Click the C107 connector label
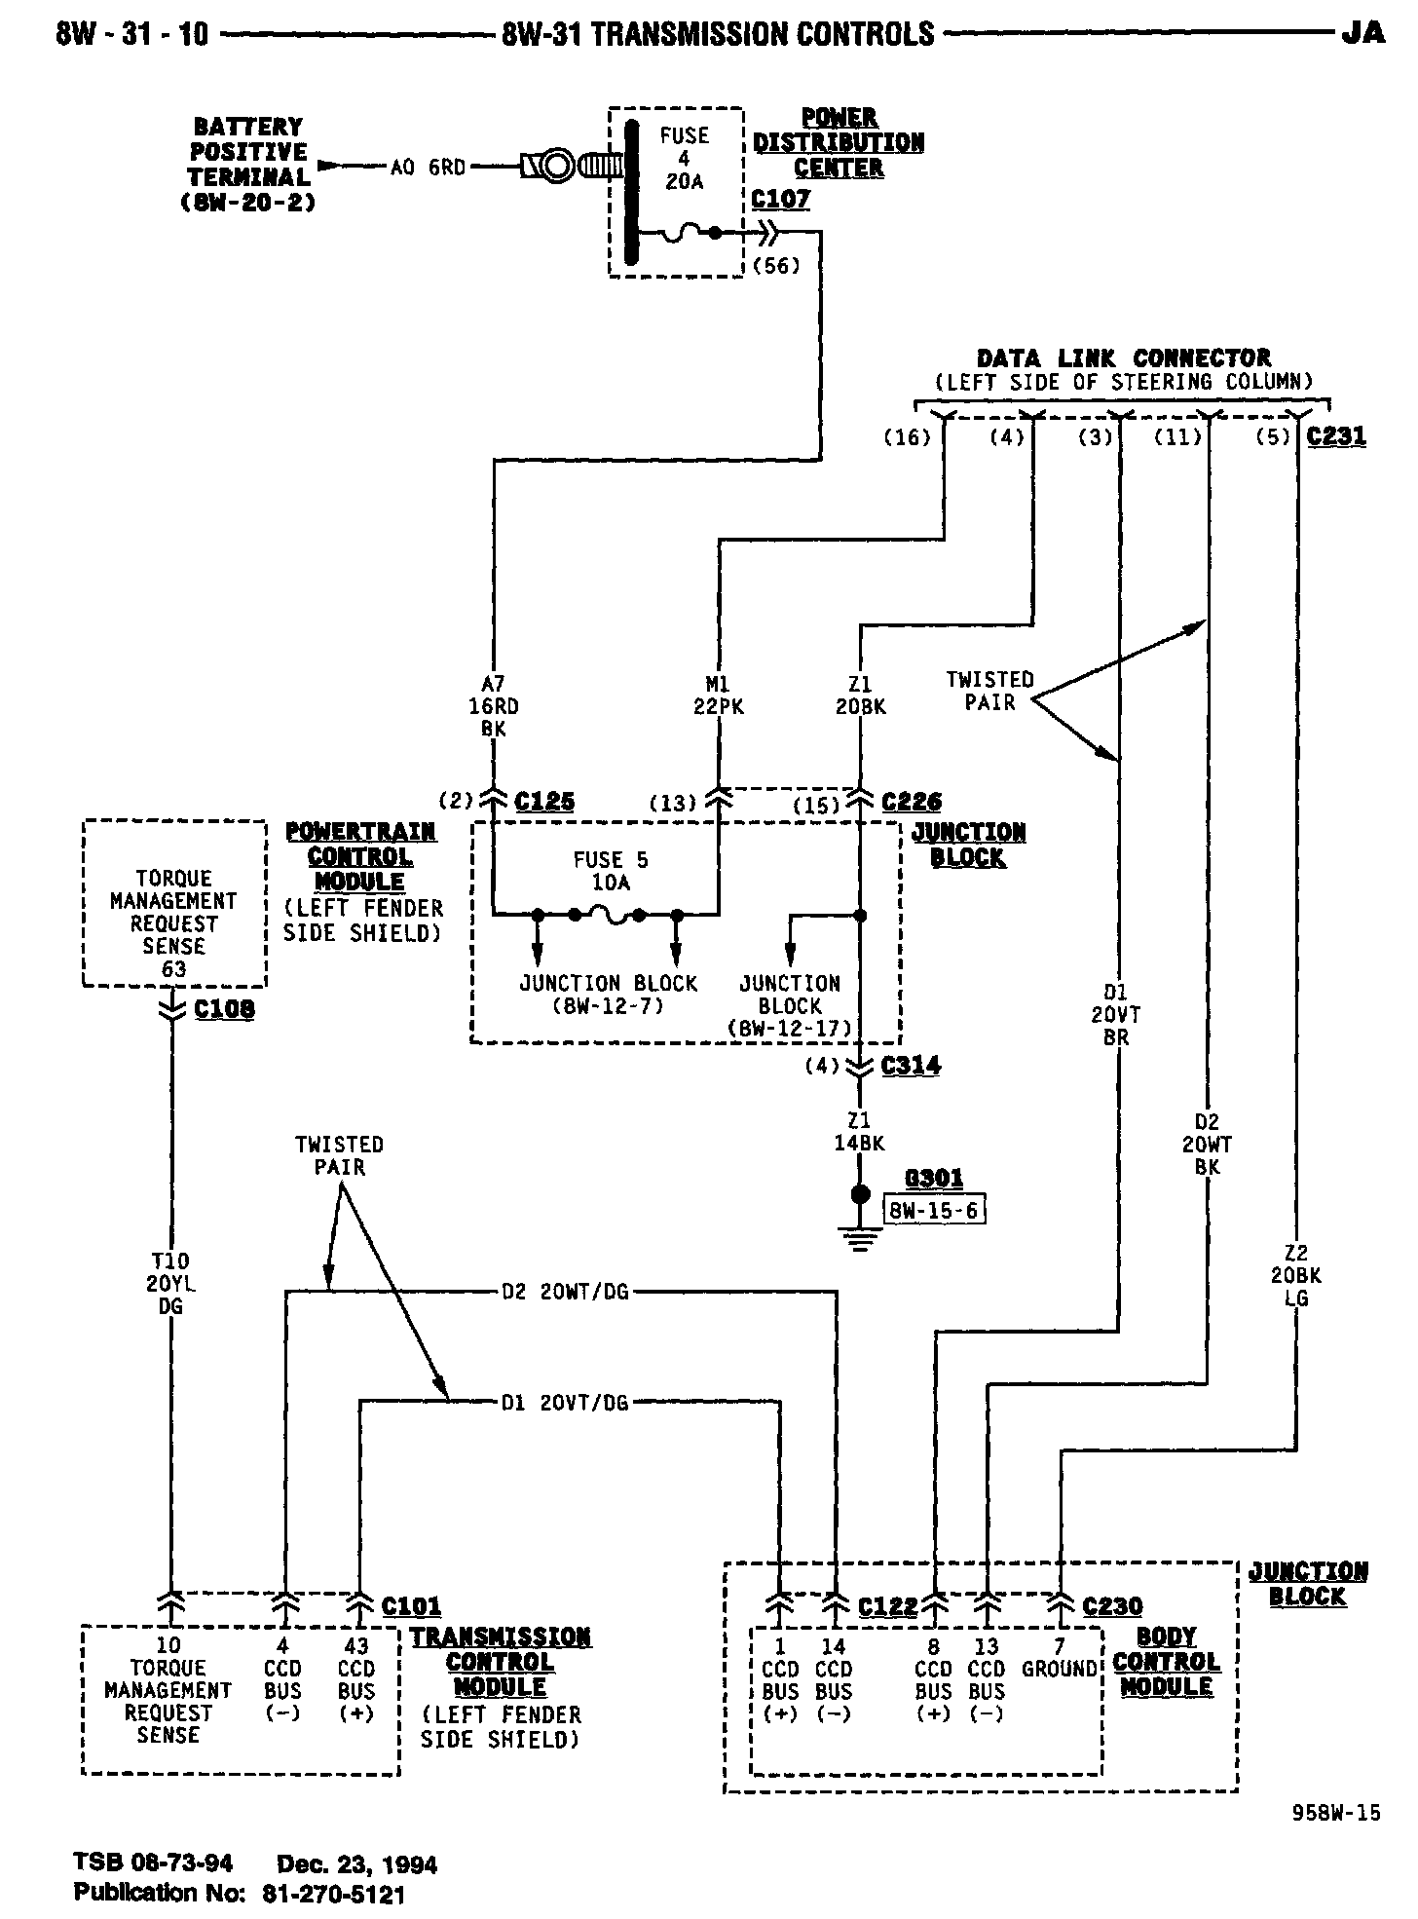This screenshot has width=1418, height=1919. tap(781, 200)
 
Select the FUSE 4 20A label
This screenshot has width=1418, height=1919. tap(684, 158)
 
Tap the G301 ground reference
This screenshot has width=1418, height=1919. tap(934, 1179)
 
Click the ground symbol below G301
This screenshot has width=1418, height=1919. tap(860, 1239)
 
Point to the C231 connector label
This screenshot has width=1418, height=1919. tap(1336, 436)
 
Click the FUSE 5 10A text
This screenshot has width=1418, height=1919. tap(611, 871)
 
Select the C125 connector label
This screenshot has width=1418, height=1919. tap(544, 802)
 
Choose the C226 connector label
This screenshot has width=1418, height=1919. tap(912, 802)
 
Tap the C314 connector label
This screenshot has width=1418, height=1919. tap(911, 1066)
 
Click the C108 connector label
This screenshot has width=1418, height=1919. tap(224, 1009)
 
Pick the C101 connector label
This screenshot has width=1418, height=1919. tap(411, 1605)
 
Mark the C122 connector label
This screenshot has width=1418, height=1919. tap(887, 1605)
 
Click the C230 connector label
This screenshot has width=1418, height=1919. tap(1112, 1605)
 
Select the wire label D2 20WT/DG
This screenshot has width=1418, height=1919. tap(565, 1293)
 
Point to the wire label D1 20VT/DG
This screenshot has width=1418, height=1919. tap(565, 1403)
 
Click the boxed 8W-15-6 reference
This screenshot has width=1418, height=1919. tap(934, 1210)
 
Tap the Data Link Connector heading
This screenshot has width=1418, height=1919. tap(1124, 358)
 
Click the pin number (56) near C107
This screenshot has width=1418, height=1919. tap(776, 264)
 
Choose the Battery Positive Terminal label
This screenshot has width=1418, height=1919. tap(249, 165)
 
